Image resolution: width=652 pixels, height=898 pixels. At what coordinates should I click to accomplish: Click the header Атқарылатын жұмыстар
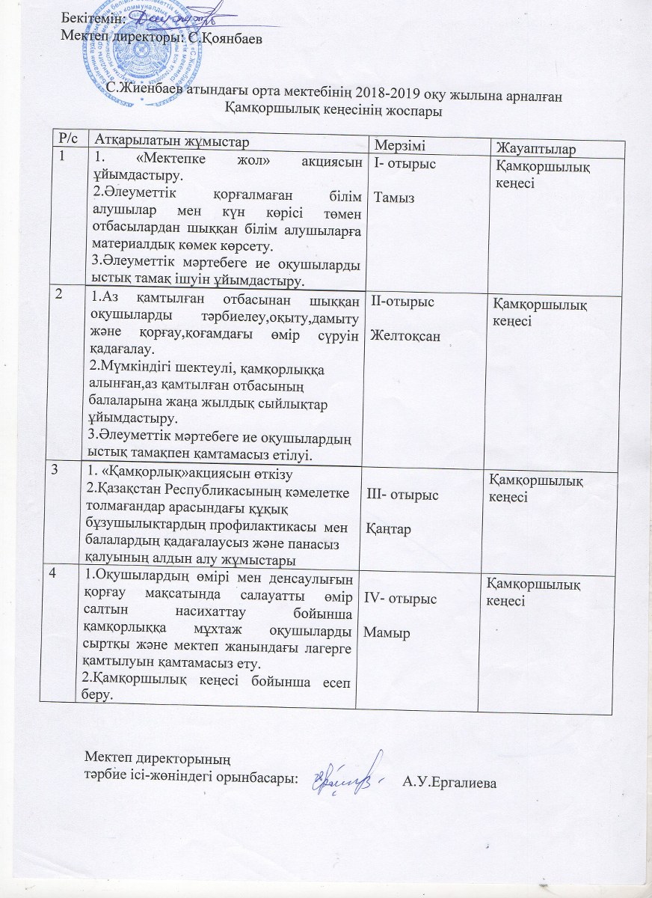pos(168,138)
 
